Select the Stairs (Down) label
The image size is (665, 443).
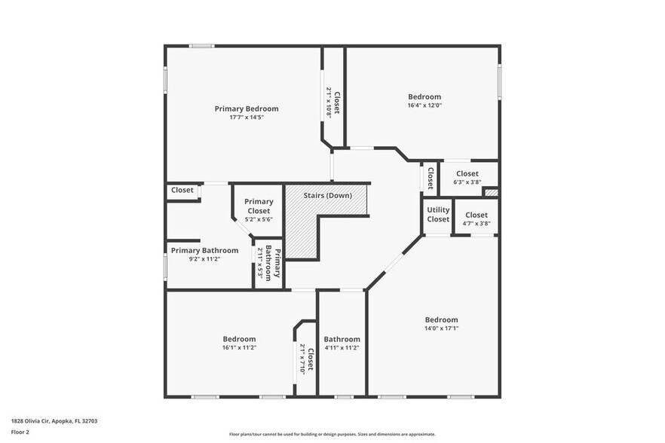coord(327,196)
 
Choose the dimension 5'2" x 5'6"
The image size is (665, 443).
coord(258,219)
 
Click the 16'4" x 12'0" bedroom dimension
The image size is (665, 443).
coord(424,105)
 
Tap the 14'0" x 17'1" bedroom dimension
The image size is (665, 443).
coord(441,328)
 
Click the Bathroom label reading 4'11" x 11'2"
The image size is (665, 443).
coord(342,347)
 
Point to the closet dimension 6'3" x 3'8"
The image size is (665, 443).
coord(467,182)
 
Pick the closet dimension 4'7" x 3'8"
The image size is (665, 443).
coord(476,224)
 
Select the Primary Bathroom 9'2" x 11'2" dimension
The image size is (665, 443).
coord(204,259)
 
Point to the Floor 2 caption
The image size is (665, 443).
coord(21,433)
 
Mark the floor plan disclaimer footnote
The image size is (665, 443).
coord(332,434)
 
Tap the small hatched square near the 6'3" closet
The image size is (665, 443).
coord(491,193)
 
